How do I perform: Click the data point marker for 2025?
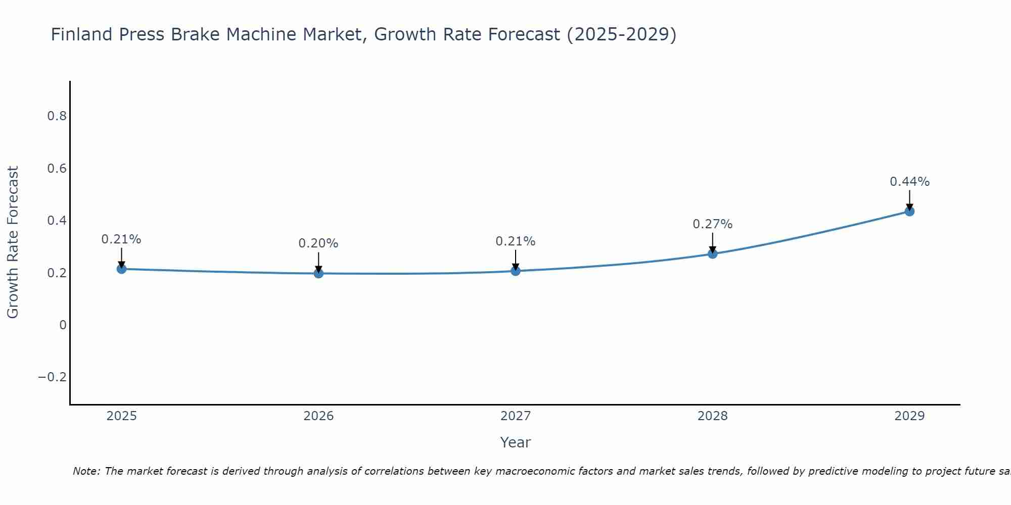click(121, 269)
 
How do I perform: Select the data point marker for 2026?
click(318, 273)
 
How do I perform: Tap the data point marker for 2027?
click(516, 271)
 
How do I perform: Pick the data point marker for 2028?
click(712, 254)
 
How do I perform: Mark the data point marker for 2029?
click(909, 211)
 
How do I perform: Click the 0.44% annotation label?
click(909, 182)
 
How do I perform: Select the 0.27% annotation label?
click(712, 224)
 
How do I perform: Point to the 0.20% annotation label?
click(318, 243)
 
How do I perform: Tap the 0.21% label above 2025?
click(121, 239)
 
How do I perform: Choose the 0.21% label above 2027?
click(516, 241)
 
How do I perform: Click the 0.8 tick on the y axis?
click(57, 116)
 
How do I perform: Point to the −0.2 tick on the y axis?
click(52, 377)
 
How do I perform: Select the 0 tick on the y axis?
click(63, 325)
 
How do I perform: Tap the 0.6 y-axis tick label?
click(57, 168)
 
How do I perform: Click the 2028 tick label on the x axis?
click(712, 416)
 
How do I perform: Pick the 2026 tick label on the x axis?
click(318, 416)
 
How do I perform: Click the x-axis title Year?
click(515, 442)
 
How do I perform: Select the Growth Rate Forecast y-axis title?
click(13, 242)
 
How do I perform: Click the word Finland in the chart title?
click(81, 35)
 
